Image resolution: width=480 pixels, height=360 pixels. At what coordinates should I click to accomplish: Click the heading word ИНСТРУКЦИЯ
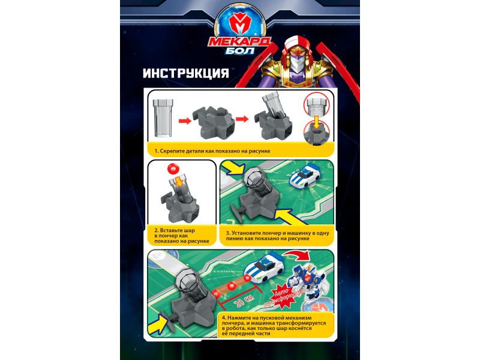point(186,73)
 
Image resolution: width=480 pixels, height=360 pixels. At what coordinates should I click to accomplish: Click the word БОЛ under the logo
point(239,50)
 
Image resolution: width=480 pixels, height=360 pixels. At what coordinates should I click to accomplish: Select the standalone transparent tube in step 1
point(163,118)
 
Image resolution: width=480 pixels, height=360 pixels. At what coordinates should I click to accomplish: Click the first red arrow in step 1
point(185,121)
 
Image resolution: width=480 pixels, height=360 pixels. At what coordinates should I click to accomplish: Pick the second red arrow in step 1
point(242,118)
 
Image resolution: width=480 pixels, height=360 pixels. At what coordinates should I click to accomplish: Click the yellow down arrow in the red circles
point(317,122)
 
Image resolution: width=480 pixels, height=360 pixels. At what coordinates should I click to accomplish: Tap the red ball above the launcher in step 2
point(173,168)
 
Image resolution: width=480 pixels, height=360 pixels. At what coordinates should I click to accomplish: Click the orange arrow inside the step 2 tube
point(179,181)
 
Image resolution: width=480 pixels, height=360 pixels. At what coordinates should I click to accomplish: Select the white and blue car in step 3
point(305,175)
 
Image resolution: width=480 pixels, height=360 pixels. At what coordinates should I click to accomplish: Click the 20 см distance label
point(244,301)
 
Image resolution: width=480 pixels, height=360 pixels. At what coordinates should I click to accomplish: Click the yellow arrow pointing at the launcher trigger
point(158,324)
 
